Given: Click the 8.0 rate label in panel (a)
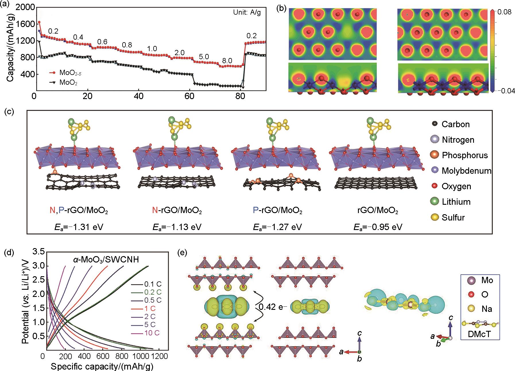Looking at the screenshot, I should pos(227,61).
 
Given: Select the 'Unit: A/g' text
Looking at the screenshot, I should pos(247,13).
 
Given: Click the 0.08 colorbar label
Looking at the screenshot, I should pos(505,12).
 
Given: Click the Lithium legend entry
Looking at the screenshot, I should pos(456,202).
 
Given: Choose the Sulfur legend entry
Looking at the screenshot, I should pos(453,217).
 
